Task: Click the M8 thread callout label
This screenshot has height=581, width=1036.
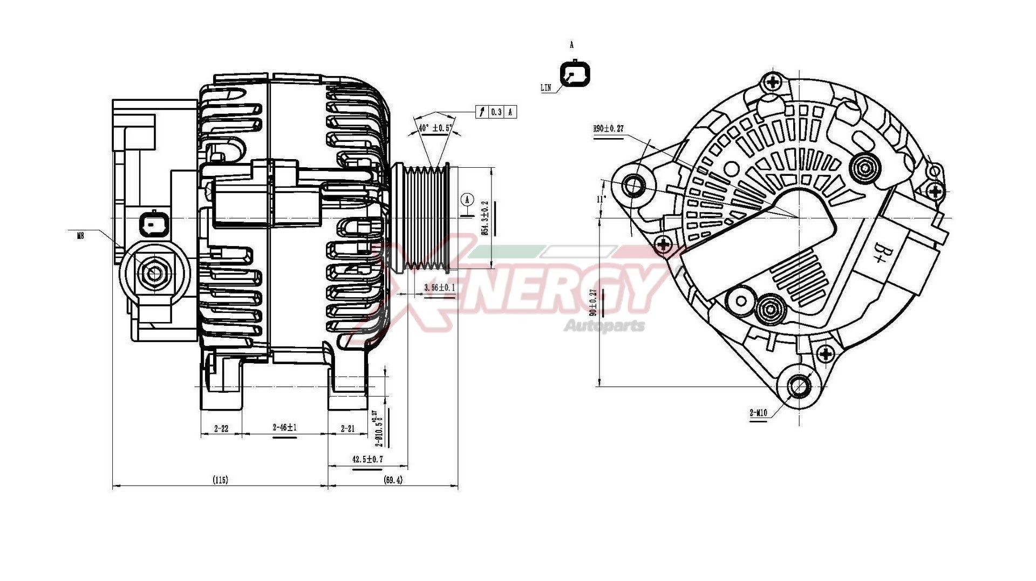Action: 80,235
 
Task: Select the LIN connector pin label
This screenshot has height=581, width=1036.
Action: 546,88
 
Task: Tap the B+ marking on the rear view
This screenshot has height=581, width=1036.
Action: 880,253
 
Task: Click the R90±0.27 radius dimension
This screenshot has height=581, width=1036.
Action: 608,129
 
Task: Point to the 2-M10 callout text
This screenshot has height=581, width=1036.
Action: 758,414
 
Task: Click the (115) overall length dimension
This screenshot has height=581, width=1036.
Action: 220,479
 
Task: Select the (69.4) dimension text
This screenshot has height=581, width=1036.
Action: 393,479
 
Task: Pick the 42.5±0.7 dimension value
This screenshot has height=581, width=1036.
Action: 367,459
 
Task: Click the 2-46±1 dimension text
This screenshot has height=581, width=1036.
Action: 285,428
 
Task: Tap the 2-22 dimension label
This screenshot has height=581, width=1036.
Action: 221,429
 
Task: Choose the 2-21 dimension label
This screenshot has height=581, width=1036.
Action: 348,429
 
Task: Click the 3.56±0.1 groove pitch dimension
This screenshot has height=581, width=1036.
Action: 439,288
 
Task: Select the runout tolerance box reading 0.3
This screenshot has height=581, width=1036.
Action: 496,112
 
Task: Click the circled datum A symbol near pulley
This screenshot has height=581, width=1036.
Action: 467,200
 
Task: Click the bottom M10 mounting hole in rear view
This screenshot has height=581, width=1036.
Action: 799,385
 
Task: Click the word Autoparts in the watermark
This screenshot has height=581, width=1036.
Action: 604,326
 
